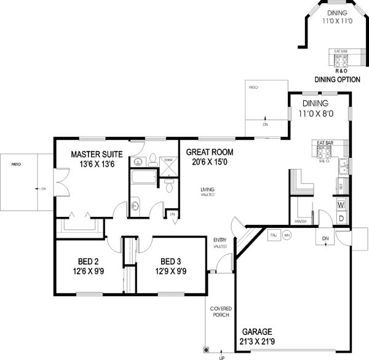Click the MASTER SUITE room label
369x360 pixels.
96,154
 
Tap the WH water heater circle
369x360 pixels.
287,235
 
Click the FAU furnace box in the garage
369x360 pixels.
273,235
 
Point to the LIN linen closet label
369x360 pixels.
173,214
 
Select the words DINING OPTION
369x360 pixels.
336,79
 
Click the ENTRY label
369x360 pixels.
219,240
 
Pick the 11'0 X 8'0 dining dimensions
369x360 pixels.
315,114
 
